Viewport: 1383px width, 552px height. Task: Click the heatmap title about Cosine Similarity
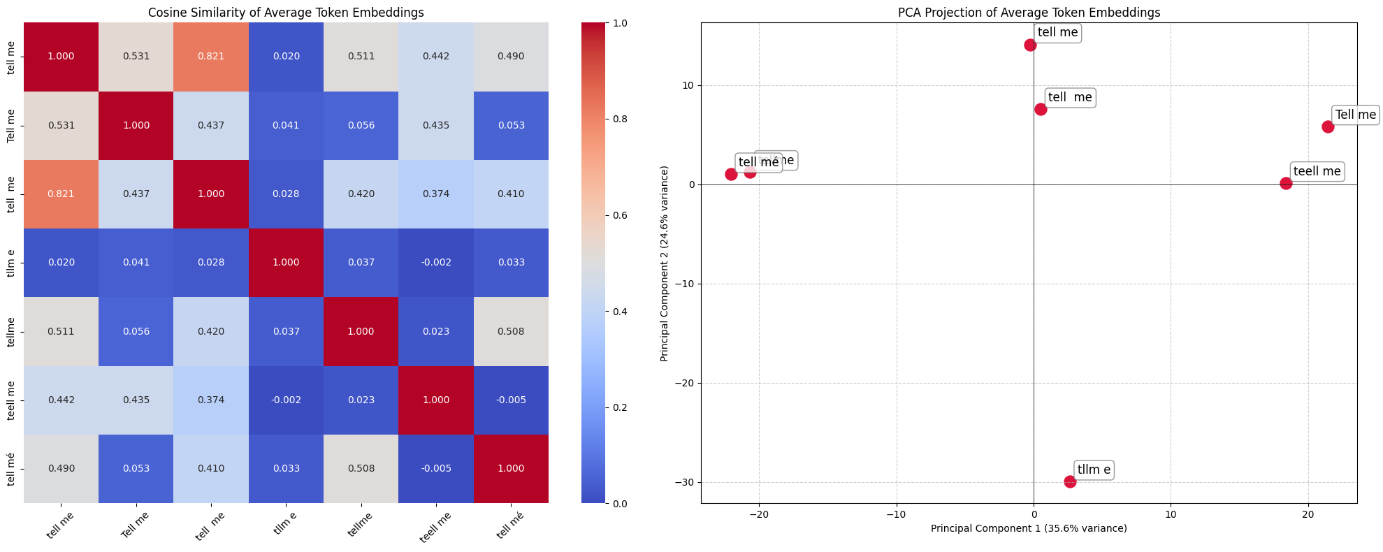pyautogui.click(x=286, y=13)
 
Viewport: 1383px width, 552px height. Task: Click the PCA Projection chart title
pyautogui.click(x=1029, y=13)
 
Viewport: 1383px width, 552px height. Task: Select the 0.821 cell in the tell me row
pyautogui.click(x=211, y=57)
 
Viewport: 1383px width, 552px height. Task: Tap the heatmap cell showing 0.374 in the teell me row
pyautogui.click(x=211, y=400)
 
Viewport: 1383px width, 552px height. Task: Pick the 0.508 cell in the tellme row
pyautogui.click(x=511, y=332)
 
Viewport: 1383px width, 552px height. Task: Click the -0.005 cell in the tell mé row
pyautogui.click(x=436, y=469)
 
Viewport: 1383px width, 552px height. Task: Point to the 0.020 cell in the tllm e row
pyautogui.click(x=61, y=263)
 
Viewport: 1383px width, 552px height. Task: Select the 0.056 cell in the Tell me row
pyautogui.click(x=361, y=126)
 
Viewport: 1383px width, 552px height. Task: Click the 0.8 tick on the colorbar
pyautogui.click(x=600, y=119)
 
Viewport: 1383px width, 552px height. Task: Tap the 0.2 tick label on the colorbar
pyautogui.click(x=600, y=408)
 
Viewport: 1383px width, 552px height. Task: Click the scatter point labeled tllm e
pyautogui.click(x=1070, y=481)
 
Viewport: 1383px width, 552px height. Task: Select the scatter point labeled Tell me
pyautogui.click(x=1328, y=126)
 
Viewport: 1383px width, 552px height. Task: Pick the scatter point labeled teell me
pyautogui.click(x=1286, y=183)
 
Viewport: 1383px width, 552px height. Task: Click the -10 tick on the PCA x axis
pyautogui.click(x=896, y=515)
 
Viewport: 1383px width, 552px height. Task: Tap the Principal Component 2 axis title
pyautogui.click(x=665, y=263)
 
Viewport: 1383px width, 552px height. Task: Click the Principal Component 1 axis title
pyautogui.click(x=1029, y=529)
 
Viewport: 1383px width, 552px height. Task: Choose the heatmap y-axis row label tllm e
pyautogui.click(x=11, y=263)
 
